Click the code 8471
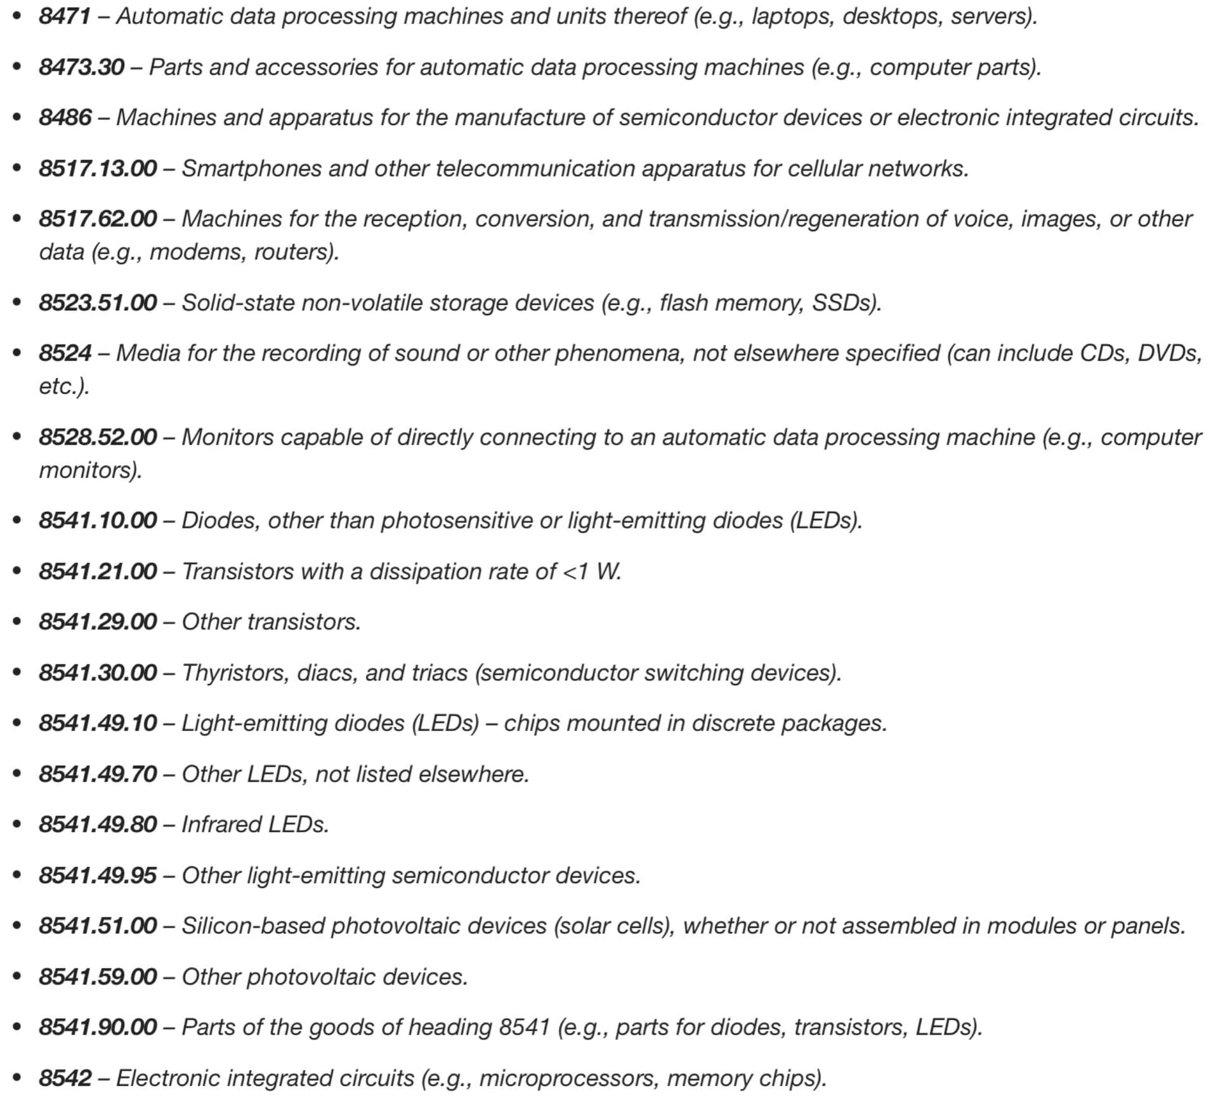pos(65,16)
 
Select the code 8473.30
pos(81,67)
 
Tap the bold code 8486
pos(65,117)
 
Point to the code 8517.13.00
pos(98,168)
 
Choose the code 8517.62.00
pos(98,219)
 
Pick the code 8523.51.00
pos(98,303)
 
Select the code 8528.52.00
pos(98,437)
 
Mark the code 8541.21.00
pos(98,571)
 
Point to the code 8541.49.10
pos(98,723)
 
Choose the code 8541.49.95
pos(98,875)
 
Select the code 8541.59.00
pos(98,976)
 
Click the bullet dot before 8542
pos(17,1078)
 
